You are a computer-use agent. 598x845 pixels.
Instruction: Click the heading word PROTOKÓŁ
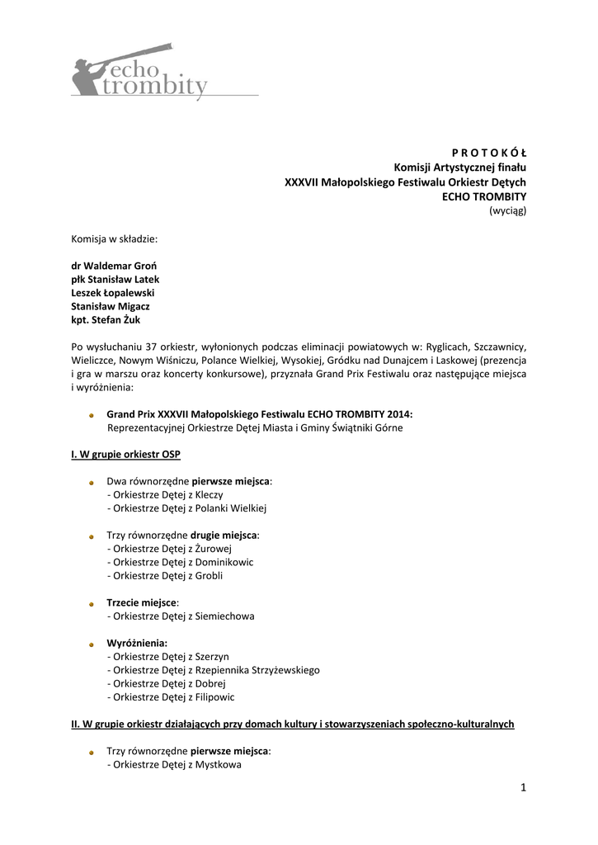pos(489,153)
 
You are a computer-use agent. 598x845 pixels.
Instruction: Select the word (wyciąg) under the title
pos(507,210)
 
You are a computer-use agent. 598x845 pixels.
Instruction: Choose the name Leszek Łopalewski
pos(112,293)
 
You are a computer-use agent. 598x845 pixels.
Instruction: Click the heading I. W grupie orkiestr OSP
pos(125,455)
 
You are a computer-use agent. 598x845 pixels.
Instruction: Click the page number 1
pos(523,788)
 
